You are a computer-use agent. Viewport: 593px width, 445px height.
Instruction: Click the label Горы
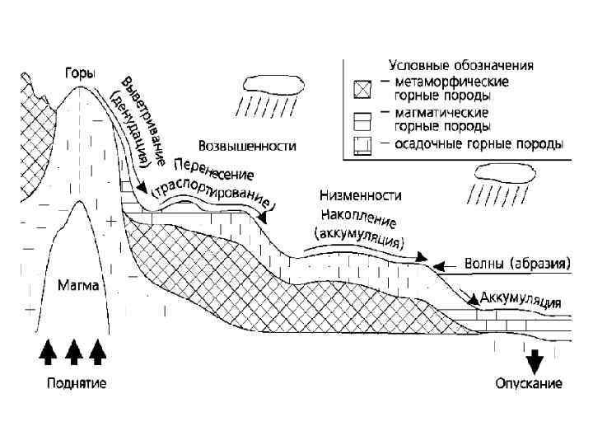79,73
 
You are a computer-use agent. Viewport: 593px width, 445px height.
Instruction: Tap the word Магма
79,287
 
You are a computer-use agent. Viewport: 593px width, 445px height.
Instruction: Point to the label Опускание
529,384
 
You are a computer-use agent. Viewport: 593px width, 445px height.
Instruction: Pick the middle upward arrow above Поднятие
74,352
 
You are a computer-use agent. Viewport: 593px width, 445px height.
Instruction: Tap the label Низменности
360,196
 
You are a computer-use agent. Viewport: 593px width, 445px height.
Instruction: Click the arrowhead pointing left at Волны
437,265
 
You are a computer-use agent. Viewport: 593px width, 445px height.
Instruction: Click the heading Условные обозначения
461,65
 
